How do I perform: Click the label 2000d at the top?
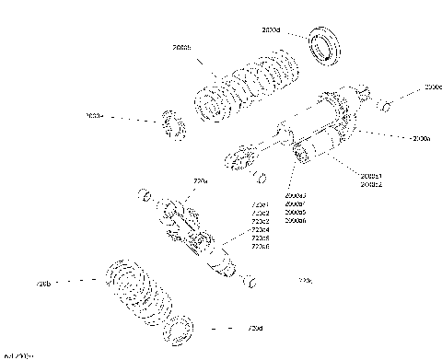pos(271,30)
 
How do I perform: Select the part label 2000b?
pos(181,47)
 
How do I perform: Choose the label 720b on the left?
pos(43,283)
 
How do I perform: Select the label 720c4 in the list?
pos(261,229)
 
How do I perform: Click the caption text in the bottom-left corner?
pos(17,355)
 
